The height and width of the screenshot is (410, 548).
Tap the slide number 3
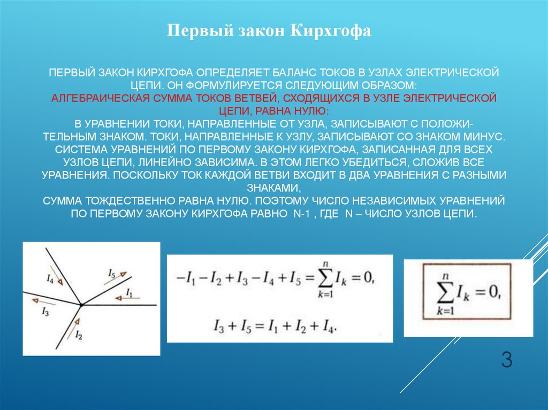click(506, 360)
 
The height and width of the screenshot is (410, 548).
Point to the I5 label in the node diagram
click(111, 274)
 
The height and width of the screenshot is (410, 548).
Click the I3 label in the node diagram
click(45, 313)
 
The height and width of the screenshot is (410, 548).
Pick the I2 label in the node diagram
click(79, 335)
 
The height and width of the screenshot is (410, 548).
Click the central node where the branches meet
click(81, 305)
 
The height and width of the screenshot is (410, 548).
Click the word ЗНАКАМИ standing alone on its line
click(273, 188)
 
